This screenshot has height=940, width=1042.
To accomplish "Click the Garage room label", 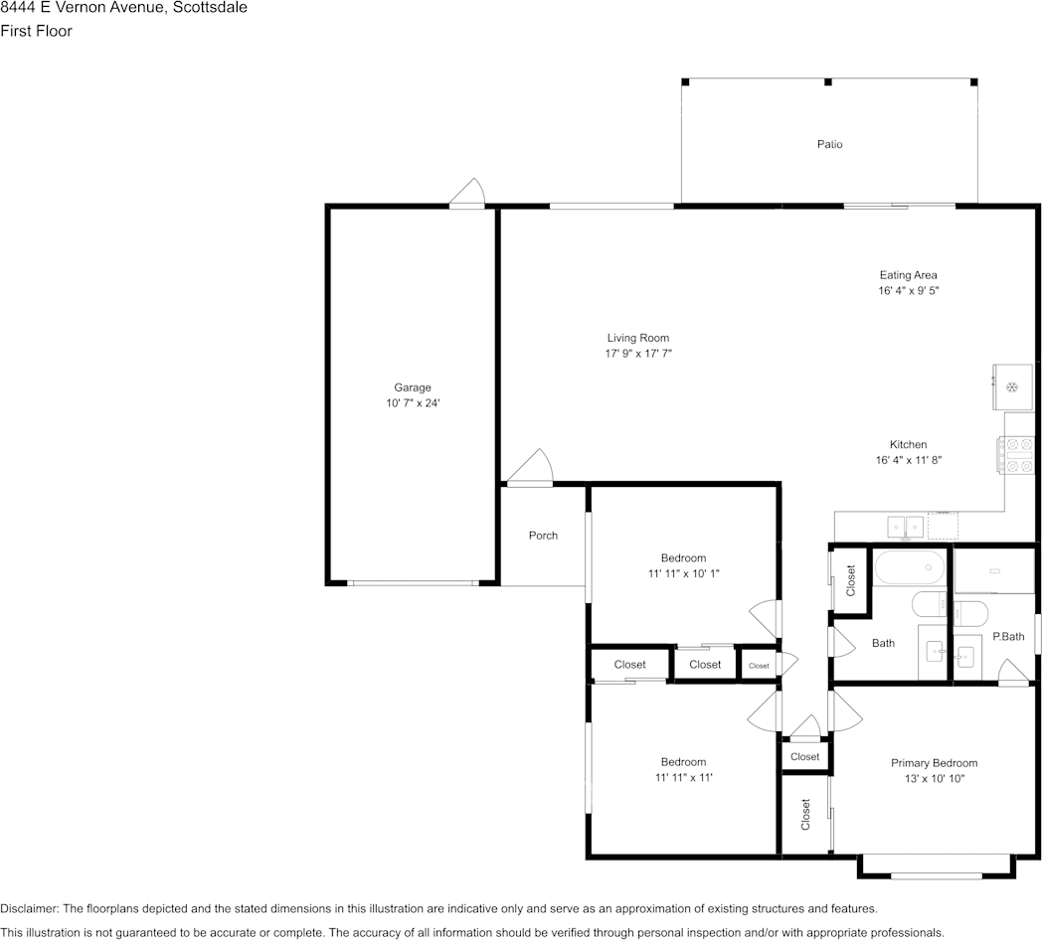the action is click(412, 388).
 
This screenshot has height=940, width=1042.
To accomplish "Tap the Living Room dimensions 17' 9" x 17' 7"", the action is click(638, 354).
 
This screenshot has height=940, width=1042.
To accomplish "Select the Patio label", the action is click(829, 144).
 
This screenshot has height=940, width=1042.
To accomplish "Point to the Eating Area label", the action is click(908, 275).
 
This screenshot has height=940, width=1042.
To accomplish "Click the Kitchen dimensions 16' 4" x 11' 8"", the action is click(908, 460).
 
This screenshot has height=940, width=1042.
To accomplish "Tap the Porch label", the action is click(543, 536).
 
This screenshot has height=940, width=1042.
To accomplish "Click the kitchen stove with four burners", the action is click(1016, 455).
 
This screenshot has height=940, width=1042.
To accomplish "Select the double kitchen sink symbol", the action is click(906, 528).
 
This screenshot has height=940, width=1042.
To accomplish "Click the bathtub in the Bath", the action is click(909, 567).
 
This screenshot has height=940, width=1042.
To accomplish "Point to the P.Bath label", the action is click(1008, 636).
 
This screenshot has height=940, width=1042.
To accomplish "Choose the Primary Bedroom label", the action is click(934, 763).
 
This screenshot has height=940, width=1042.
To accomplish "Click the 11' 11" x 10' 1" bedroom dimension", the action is click(683, 573).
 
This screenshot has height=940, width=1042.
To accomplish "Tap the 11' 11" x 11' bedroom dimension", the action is click(683, 777).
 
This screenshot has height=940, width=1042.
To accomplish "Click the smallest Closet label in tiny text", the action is click(759, 666).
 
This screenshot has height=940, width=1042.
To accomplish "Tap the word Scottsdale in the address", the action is click(210, 7).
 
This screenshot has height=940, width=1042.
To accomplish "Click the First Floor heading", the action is click(36, 31).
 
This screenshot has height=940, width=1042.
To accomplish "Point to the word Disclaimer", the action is click(29, 909).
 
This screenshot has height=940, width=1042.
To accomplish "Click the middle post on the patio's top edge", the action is click(828, 81).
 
